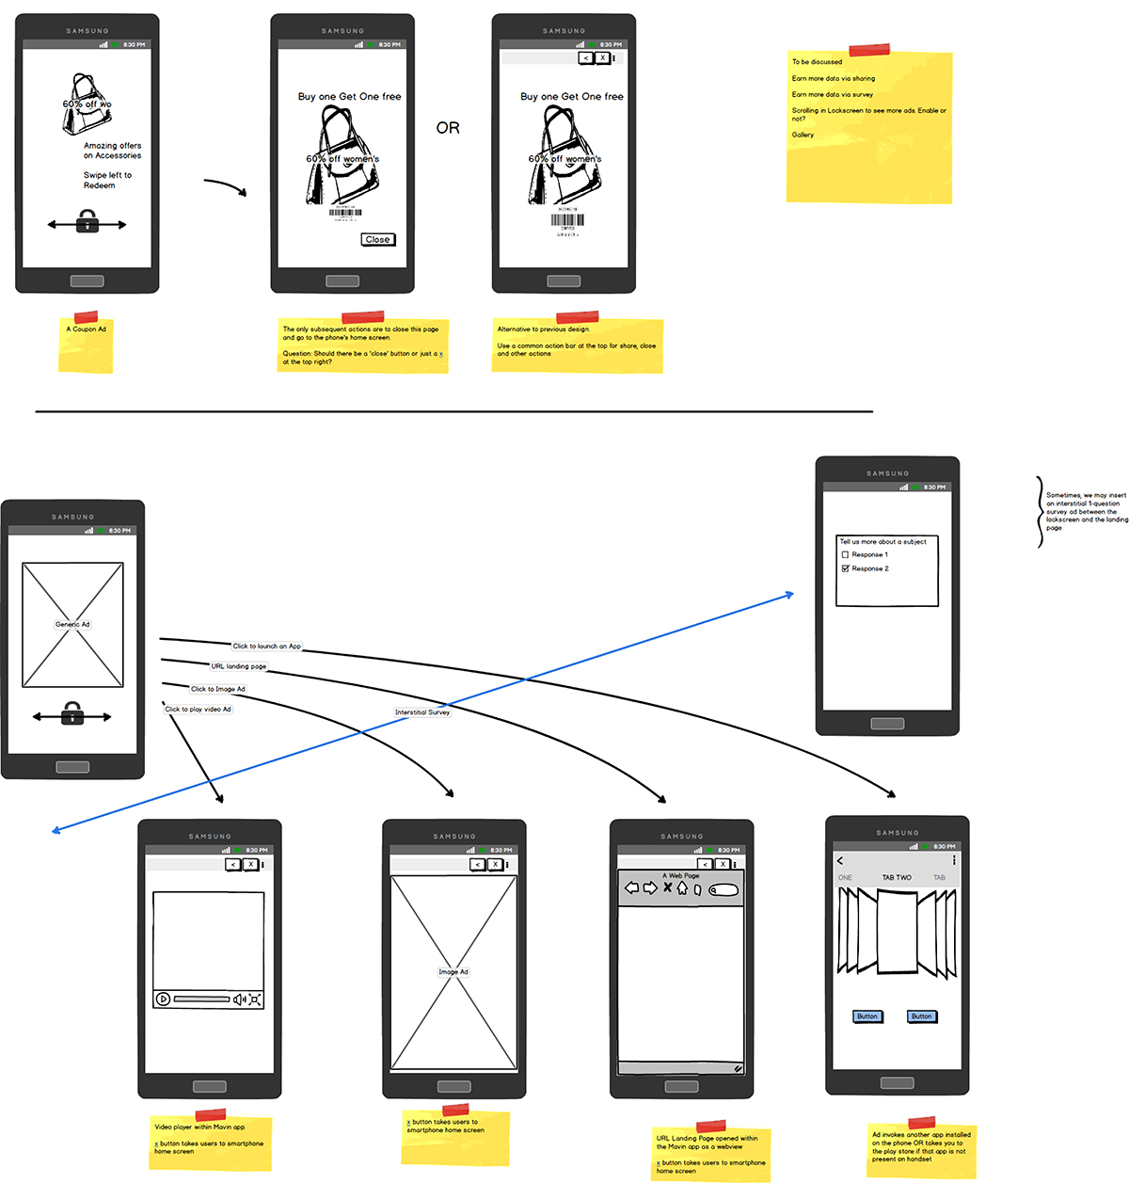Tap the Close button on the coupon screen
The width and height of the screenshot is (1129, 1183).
click(377, 239)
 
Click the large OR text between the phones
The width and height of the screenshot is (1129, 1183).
click(448, 128)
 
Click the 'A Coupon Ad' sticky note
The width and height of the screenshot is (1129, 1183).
click(86, 329)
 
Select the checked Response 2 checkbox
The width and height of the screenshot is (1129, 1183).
click(845, 568)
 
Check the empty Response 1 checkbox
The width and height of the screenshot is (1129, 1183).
click(845, 554)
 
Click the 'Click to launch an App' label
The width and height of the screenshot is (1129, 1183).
click(266, 647)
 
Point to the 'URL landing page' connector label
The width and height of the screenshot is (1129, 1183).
click(238, 666)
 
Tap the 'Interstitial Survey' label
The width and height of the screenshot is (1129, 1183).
click(422, 712)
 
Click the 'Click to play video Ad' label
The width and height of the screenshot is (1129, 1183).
click(198, 710)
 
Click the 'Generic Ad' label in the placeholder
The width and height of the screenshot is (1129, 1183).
click(72, 624)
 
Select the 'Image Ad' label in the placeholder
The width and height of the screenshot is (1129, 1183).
click(453, 972)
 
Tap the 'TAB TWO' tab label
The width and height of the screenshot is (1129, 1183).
click(896, 878)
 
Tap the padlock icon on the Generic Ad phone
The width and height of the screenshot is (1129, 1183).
click(72, 714)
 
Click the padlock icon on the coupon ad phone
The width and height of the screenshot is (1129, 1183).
click(87, 222)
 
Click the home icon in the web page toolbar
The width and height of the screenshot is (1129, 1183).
click(682, 887)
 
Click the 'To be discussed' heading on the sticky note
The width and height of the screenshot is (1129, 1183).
click(817, 62)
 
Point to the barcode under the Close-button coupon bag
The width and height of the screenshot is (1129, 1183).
click(345, 213)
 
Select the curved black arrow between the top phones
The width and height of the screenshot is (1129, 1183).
click(226, 186)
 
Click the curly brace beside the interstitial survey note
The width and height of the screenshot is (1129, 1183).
click(1039, 512)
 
